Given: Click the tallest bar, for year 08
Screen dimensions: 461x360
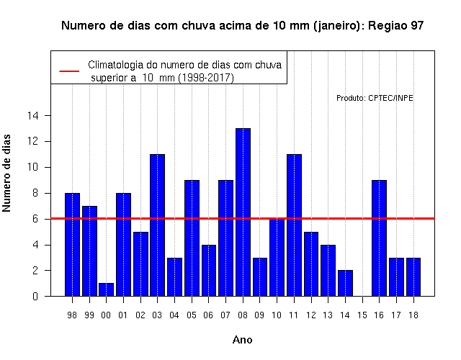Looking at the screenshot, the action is pos(243,212).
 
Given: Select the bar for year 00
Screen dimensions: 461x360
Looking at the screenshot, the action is pos(106,289).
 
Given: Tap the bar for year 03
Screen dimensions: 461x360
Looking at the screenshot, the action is pos(157,225).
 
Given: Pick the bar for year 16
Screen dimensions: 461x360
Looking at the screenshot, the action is pos(379,238).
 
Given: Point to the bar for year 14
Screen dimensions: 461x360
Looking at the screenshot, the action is pos(345,283).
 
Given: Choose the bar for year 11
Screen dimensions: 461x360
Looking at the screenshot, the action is pos(294,225).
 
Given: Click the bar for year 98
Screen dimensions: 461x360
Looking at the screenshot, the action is pos(72,245).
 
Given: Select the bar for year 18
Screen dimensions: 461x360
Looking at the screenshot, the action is pos(413,276).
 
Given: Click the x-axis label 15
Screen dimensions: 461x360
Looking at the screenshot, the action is pos(362,315).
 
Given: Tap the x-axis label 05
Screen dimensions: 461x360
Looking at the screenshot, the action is pos(192,315).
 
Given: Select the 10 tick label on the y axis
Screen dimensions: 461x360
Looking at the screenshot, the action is pos(33,167).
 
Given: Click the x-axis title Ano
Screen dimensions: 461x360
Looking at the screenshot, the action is pos(242,340).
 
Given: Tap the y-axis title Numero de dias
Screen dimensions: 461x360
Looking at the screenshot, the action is pos(6,174).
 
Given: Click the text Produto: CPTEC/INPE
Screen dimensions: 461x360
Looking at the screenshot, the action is pos(375,98).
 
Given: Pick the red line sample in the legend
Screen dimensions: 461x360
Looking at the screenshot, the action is pos(69,71).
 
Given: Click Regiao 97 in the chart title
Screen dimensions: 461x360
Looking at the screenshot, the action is pos(395,26).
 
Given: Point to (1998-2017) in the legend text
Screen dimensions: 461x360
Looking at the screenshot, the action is pos(207,78).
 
